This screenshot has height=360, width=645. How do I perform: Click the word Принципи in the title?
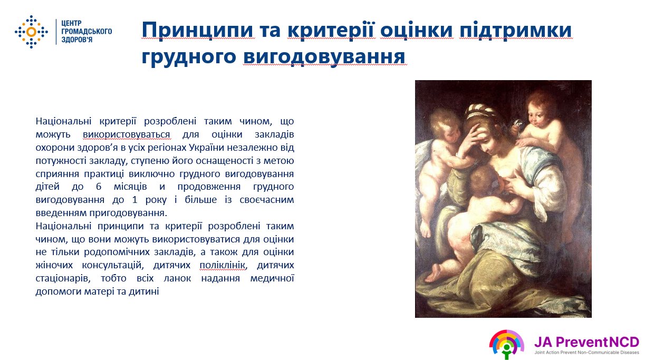pos(198,30)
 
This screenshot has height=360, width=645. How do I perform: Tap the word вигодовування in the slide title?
pos(324,57)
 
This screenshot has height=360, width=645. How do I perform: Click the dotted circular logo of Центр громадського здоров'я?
pos(32,32)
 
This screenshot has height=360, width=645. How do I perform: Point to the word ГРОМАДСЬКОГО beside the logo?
pos(86,32)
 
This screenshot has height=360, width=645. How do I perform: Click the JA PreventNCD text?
pos(586,342)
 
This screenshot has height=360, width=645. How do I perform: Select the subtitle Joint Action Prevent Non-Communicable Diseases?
pos(586,353)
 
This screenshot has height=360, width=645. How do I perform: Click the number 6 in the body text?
pos(99,187)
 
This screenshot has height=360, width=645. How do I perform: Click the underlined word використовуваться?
pos(127,134)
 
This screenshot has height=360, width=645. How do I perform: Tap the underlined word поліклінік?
pos(222,265)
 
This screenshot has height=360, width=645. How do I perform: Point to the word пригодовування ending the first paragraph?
pos(128,213)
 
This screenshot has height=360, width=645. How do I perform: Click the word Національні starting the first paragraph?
pos(63,121)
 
